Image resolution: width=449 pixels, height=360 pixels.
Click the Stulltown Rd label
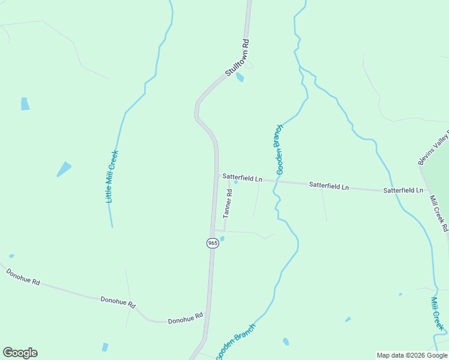(237, 57)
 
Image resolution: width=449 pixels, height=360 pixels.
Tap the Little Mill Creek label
(112, 176)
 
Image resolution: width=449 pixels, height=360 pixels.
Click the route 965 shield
(212, 242)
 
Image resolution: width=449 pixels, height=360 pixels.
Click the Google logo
(20, 353)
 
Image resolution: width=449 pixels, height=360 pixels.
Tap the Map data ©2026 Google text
(412, 355)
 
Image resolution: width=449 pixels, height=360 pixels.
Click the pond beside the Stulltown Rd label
(240, 77)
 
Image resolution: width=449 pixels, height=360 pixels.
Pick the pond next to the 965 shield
(222, 239)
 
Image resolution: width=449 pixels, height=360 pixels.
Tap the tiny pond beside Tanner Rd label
(236, 182)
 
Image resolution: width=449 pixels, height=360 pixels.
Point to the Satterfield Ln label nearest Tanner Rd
(243, 178)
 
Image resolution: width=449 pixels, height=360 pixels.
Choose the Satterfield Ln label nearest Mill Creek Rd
(403, 190)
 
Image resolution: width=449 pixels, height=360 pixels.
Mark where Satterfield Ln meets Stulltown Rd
(217, 176)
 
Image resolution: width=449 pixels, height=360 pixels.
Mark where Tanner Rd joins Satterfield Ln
(229, 178)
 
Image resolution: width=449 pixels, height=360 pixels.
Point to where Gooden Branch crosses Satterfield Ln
(277, 181)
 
